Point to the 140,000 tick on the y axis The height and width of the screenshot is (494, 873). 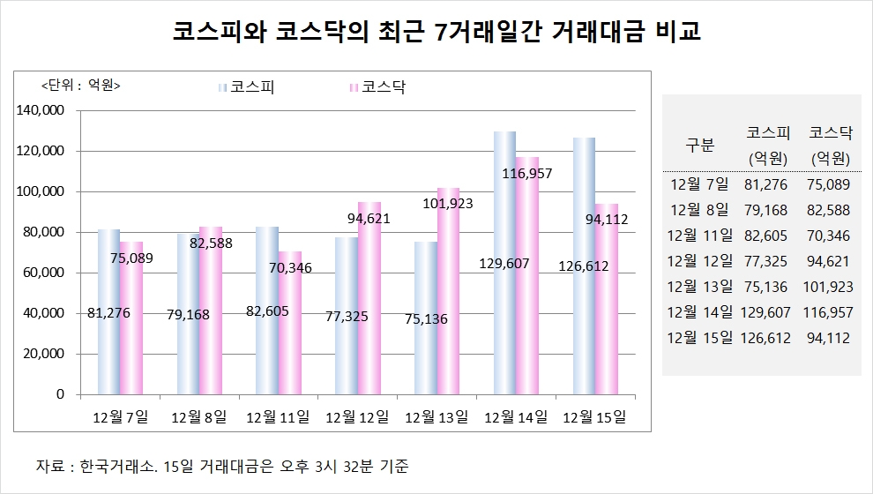click(41, 110)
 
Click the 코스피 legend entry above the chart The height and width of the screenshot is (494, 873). click(250, 87)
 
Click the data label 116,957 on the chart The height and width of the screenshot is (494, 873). click(526, 174)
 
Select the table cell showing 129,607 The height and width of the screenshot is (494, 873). click(767, 312)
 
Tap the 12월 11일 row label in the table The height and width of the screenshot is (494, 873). click(700, 236)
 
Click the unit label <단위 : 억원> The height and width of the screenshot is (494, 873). click(80, 86)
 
